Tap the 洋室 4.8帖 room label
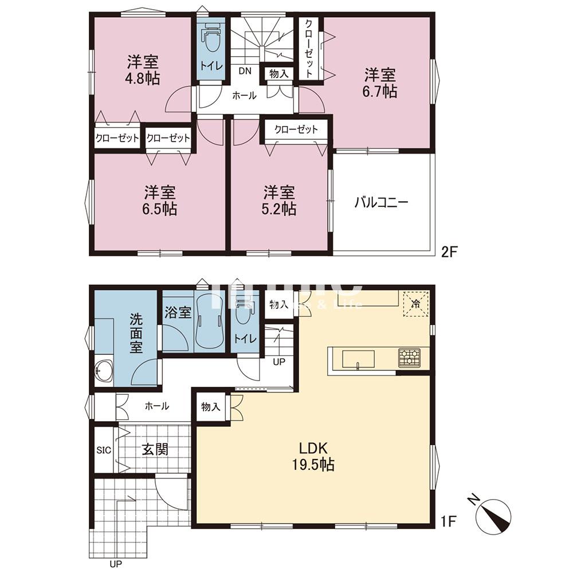[x=143, y=70]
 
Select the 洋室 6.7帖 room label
[x=381, y=83]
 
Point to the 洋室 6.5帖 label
[x=160, y=200]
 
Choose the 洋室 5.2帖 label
[x=280, y=200]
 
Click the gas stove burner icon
[x=409, y=358]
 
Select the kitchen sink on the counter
[x=359, y=359]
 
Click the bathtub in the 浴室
[x=208, y=321]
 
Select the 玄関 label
[x=155, y=449]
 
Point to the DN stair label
[x=245, y=72]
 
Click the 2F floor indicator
[x=448, y=251]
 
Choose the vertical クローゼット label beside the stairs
[x=308, y=49]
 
